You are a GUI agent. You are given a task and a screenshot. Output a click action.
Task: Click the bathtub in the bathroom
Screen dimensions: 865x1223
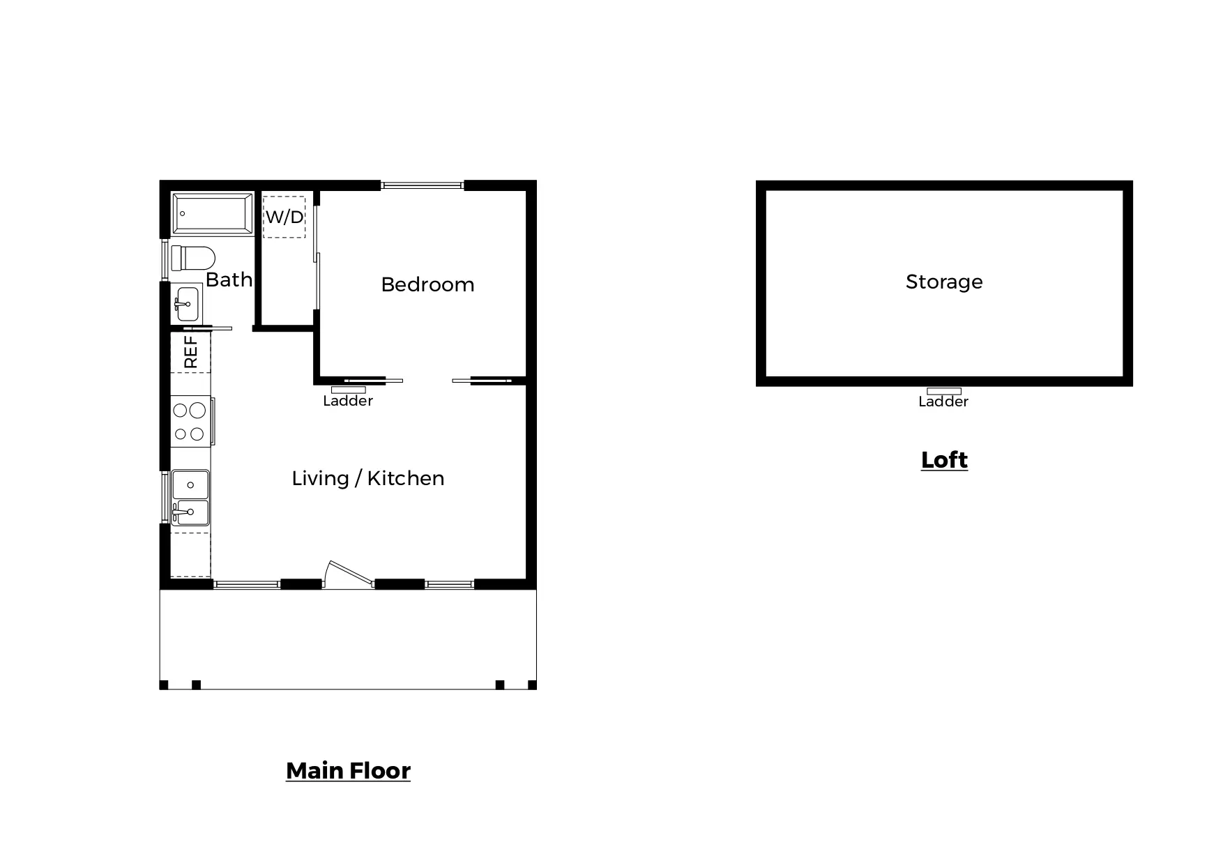tap(213, 213)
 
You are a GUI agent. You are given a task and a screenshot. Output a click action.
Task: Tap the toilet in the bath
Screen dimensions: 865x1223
tap(193, 258)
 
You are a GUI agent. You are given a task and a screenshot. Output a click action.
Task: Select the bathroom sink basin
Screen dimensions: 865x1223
tap(187, 305)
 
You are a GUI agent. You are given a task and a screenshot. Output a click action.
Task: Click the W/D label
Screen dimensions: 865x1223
tap(284, 217)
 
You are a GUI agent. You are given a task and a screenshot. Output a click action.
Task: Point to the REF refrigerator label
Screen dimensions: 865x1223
tap(190, 352)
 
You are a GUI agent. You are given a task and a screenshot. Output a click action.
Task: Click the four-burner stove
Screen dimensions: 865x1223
tap(190, 421)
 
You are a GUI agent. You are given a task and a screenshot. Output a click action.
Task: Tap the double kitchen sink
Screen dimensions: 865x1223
tap(190, 498)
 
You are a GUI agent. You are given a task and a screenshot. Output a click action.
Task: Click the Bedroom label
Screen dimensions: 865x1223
tap(427, 284)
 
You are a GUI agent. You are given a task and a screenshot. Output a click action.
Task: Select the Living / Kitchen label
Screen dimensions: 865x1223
tap(367, 478)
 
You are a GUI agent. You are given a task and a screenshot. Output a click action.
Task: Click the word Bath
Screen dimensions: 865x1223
tap(229, 280)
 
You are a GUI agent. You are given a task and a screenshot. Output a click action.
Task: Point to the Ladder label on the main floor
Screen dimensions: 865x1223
tap(348, 401)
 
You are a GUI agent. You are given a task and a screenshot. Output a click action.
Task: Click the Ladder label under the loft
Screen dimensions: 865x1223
tap(943, 401)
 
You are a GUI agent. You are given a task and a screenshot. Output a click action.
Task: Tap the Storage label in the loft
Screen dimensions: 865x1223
tap(944, 282)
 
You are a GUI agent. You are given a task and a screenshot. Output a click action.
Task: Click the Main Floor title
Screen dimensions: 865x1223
tap(348, 770)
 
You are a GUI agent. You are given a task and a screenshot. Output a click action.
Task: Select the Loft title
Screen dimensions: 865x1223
tap(944, 460)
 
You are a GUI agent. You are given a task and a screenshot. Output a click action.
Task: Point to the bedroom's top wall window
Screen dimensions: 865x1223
tap(423, 185)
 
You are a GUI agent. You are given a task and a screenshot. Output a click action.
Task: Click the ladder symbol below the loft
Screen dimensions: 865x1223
tap(944, 391)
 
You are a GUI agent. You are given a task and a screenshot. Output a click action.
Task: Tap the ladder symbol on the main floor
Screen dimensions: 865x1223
tap(348, 390)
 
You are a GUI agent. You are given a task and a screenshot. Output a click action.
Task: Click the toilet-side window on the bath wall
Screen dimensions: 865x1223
tap(165, 259)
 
